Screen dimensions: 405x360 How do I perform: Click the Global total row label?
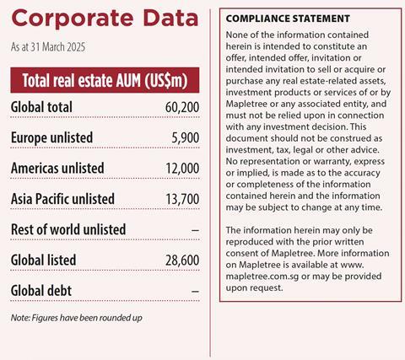pyautogui.click(x=41, y=107)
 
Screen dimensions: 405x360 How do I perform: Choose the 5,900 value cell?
pyautogui.click(x=184, y=137)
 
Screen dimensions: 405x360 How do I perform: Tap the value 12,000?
pyautogui.click(x=180, y=168)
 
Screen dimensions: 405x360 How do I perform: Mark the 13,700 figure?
pyautogui.click(x=180, y=198)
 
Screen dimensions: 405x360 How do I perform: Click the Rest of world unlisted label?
pyautogui.click(x=68, y=228)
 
